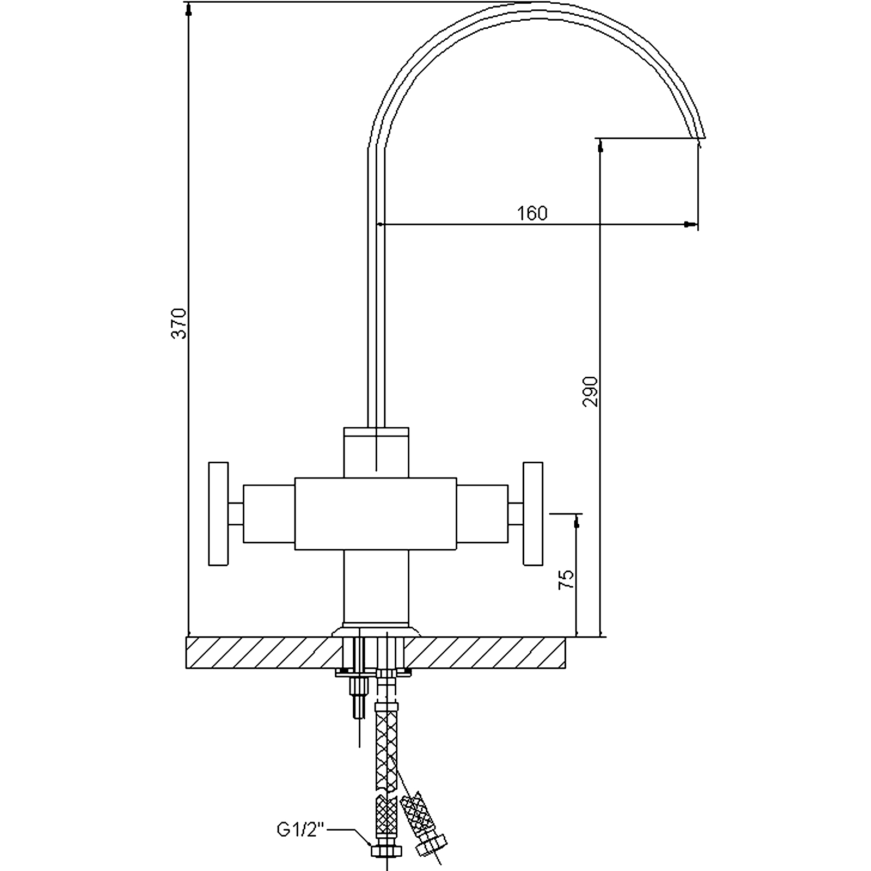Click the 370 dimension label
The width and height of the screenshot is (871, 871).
click(180, 323)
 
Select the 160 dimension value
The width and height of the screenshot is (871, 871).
click(532, 213)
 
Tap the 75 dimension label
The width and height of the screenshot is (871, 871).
click(567, 580)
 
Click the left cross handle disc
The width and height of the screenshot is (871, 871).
click(218, 514)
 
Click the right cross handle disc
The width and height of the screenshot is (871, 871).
click(533, 514)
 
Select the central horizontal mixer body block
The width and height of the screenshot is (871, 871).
click(376, 514)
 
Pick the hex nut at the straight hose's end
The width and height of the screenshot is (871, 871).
click(386, 850)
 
